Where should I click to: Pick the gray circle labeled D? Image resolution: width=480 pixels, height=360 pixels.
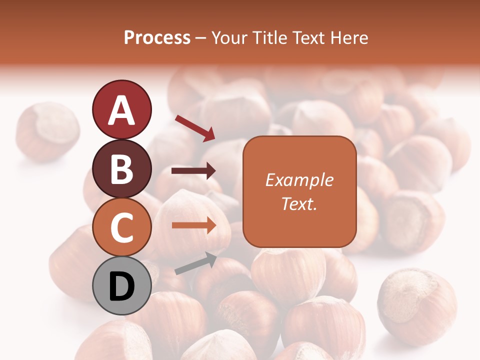(121, 286)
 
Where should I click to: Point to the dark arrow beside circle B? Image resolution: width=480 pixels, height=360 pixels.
(193, 171)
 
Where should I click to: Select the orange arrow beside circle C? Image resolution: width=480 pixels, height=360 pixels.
(194, 225)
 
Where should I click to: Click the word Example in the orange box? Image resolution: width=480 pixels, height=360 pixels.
(299, 180)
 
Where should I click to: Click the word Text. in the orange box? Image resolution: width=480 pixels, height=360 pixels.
(299, 203)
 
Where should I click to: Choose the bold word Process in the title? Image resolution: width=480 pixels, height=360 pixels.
(157, 38)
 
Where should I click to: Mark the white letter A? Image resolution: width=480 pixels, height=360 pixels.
(121, 110)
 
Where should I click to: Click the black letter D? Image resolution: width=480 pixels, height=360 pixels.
(121, 286)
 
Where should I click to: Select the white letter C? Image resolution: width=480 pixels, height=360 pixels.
(121, 227)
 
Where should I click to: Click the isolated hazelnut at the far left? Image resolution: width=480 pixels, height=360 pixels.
(47, 131)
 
